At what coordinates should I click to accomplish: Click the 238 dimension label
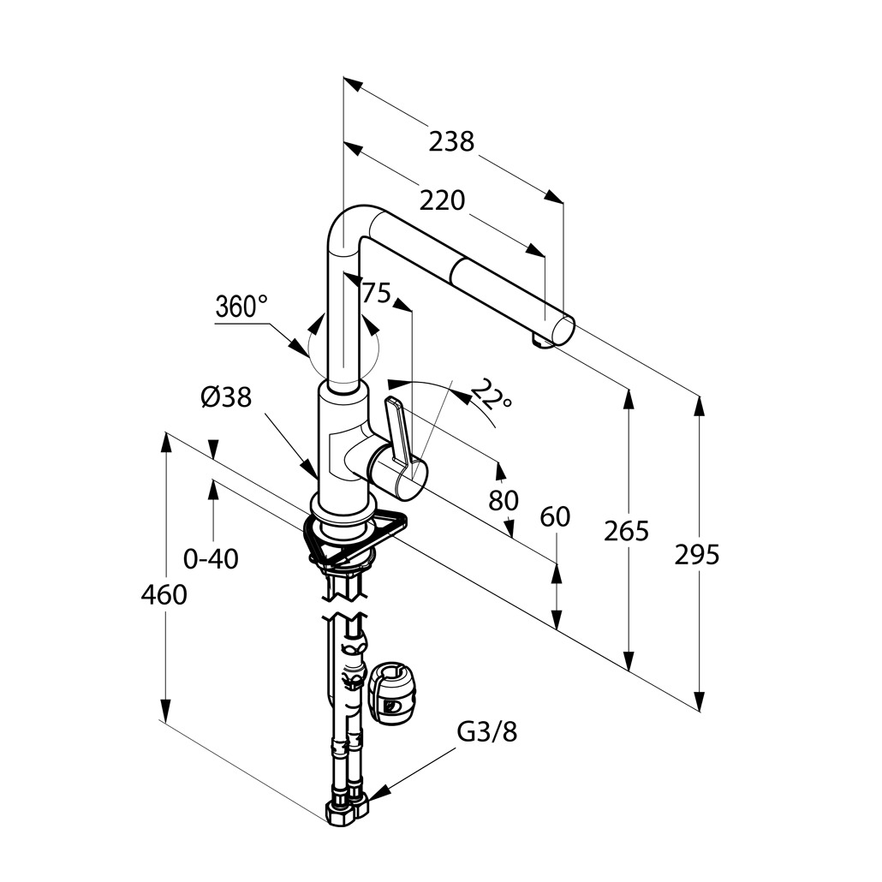click(451, 141)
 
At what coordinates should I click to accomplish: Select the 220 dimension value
click(442, 200)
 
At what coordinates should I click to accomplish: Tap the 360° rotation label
click(241, 306)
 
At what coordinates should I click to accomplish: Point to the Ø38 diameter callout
click(226, 397)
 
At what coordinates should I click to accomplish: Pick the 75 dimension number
click(376, 294)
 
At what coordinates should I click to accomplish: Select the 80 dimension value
click(504, 500)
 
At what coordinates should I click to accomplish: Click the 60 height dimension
click(555, 516)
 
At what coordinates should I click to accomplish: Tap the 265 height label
click(627, 532)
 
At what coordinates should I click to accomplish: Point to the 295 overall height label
click(697, 555)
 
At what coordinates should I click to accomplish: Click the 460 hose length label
click(164, 594)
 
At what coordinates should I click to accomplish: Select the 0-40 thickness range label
click(212, 559)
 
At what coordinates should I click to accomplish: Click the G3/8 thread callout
click(487, 732)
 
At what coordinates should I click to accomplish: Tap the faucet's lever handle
click(402, 432)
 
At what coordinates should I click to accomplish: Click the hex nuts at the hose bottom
click(347, 808)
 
